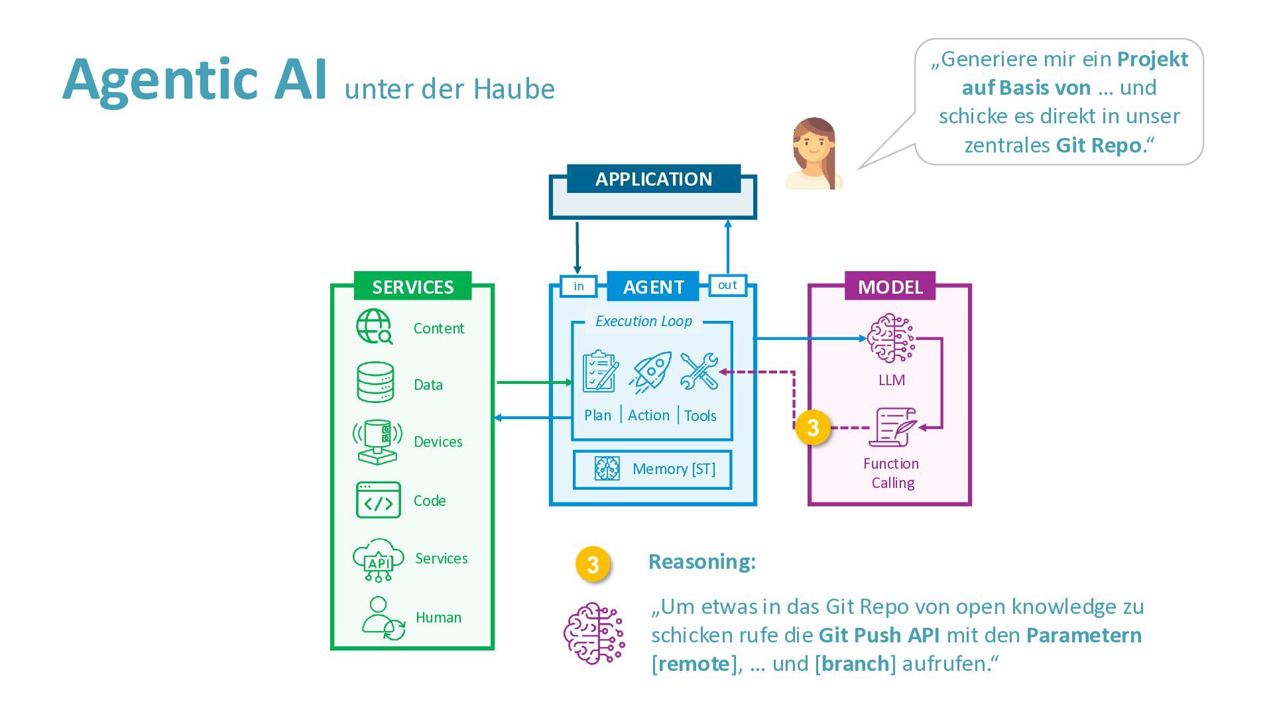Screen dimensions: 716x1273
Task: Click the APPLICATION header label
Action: pos(653,179)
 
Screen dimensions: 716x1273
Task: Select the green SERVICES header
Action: pos(412,286)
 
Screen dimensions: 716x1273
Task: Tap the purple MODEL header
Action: pos(890,286)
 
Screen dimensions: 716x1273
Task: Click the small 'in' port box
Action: pos(579,286)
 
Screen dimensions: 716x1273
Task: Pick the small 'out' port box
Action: pos(727,285)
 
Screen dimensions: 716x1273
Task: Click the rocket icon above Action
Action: pos(650,372)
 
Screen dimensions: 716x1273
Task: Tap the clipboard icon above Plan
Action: pos(600,372)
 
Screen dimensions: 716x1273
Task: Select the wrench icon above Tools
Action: pos(699,371)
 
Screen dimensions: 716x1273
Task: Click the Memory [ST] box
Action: pos(652,469)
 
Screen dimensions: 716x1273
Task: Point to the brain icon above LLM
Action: pos(890,339)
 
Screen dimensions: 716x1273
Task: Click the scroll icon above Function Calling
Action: pos(892,428)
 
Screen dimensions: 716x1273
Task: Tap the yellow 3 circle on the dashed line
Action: pos(813,428)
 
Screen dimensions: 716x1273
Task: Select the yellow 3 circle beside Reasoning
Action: pos(593,564)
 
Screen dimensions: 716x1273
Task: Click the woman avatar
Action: pos(814,154)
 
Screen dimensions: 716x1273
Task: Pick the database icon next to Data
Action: pos(375,382)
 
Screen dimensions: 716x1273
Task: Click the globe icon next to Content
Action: pos(374,327)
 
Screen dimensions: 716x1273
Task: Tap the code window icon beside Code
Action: pos(378,500)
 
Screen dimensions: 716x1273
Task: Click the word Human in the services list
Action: pos(438,617)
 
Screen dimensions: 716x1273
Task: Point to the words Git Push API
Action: pos(879,635)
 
